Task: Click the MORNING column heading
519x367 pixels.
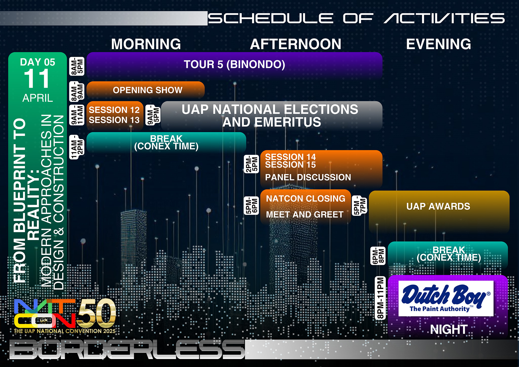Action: (146, 44)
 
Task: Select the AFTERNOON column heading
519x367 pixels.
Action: (295, 44)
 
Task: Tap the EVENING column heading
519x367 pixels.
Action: (438, 44)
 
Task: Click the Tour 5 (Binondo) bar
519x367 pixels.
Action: (234, 65)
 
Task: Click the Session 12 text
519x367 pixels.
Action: (114, 110)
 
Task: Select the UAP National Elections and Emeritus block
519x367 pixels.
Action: (271, 116)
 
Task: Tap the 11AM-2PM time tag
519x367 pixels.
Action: (77, 147)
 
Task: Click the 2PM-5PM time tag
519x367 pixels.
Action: (251, 164)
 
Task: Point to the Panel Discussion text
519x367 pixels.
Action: (308, 177)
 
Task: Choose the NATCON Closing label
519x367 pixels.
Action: (306, 199)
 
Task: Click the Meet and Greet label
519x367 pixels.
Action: (305, 215)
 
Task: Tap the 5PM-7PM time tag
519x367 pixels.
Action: (360, 206)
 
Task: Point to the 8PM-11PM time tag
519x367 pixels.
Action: (380, 298)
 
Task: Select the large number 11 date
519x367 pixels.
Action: (37, 79)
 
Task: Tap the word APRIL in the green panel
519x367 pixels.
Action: (38, 98)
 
